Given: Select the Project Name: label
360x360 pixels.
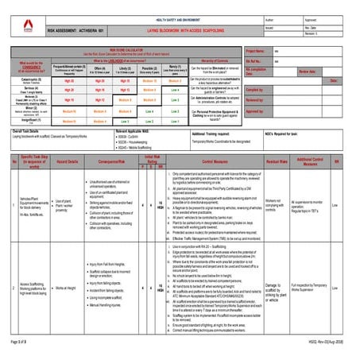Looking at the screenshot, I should click(257, 51).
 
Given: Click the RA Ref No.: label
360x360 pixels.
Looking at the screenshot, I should click(255, 60).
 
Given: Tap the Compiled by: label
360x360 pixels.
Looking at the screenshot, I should click(256, 90).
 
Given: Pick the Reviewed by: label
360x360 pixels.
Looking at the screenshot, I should click(256, 100).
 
